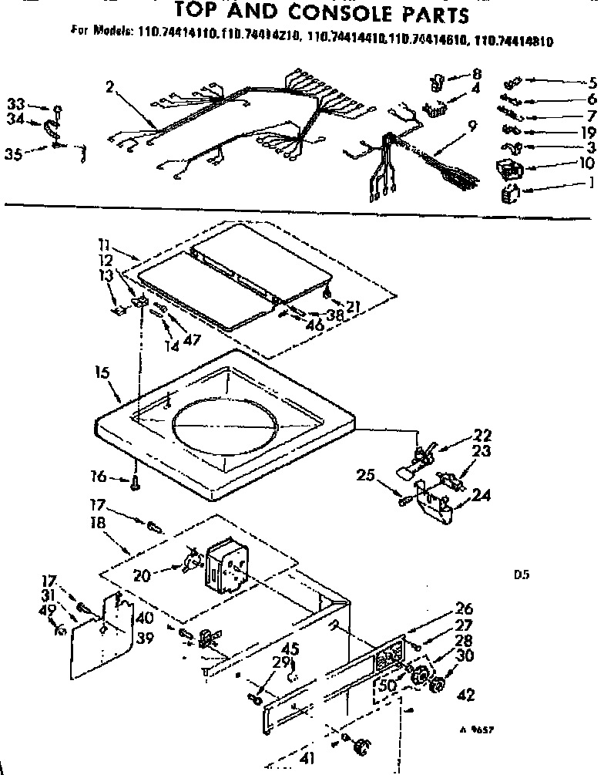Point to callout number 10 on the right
[x=586, y=163]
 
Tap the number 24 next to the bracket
[x=482, y=496]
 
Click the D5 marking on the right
[x=520, y=574]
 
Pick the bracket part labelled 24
[x=435, y=501]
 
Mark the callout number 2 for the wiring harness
[x=109, y=86]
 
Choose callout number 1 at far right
[x=589, y=182]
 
